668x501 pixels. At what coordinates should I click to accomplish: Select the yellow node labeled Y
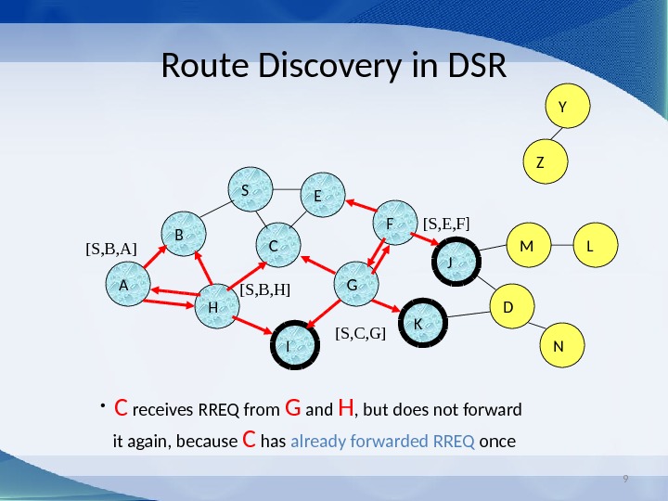pyautogui.click(x=561, y=109)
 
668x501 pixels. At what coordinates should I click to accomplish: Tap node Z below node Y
pyautogui.click(x=540, y=162)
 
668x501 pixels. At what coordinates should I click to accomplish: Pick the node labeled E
pyautogui.click(x=318, y=197)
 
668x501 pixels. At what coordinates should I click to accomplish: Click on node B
pyautogui.click(x=180, y=236)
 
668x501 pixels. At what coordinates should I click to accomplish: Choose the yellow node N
pyautogui.click(x=559, y=346)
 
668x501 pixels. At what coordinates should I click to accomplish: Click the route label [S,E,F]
pyautogui.click(x=446, y=224)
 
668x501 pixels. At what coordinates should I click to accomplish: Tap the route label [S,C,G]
pyautogui.click(x=360, y=333)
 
